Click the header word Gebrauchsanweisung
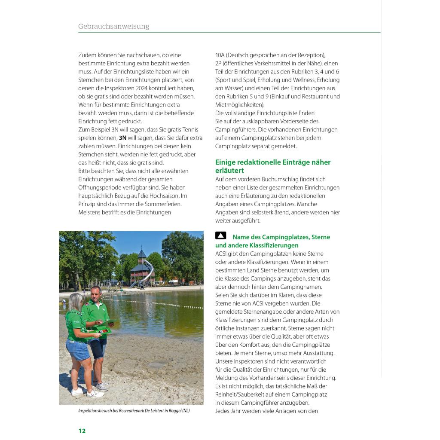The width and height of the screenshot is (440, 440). point(113,26)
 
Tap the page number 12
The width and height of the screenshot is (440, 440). point(82,431)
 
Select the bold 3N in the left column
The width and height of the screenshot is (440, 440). point(122,138)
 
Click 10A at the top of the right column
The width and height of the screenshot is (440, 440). point(220,55)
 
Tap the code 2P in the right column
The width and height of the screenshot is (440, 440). point(219,64)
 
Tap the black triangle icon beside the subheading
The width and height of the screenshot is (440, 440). point(220,235)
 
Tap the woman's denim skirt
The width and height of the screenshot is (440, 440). point(78,350)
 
